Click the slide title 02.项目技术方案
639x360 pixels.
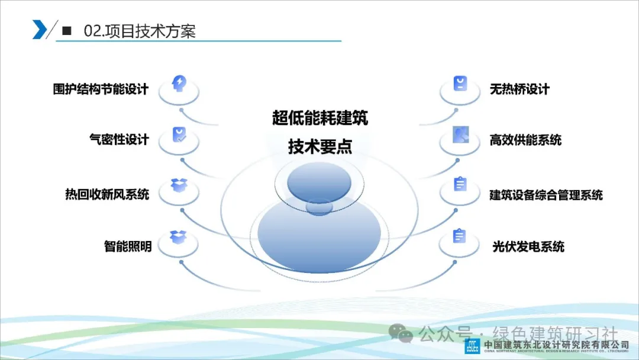140,31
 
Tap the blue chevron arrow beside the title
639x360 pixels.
40,30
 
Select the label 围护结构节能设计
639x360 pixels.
101,89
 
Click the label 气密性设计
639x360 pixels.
119,139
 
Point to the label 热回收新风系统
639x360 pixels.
107,194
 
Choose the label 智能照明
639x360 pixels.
128,246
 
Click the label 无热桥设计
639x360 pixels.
519,89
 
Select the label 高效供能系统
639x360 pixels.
526,140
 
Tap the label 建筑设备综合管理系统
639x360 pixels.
546,195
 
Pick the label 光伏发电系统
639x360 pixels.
528,246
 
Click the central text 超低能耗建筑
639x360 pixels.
320,118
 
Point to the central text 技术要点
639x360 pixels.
320,146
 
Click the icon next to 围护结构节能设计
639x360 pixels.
179,83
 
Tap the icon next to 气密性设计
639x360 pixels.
179,134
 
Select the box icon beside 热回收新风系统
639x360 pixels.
179,185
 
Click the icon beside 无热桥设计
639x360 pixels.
460,83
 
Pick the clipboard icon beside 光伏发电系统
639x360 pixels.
459,236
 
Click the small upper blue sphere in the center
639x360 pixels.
319,182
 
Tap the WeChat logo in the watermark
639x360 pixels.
401,333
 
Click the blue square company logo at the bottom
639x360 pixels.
472,346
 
